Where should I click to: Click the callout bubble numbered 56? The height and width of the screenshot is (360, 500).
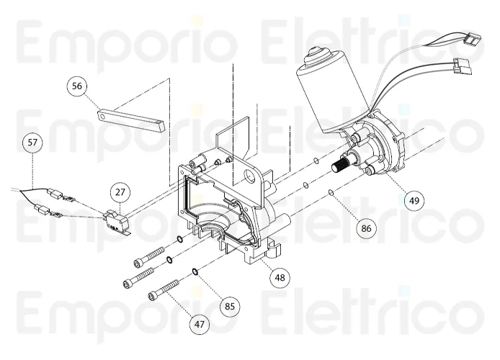tap(77, 86)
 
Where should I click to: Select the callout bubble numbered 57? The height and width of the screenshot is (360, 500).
tap(32, 143)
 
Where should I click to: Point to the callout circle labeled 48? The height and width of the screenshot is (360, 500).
tap(280, 276)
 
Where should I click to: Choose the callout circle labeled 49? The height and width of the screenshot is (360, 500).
tap(413, 200)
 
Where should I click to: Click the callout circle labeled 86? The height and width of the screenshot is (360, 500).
tap(365, 229)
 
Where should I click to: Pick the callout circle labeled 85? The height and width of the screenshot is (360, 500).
tap(229, 306)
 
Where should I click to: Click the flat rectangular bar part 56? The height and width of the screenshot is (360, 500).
tap(132, 120)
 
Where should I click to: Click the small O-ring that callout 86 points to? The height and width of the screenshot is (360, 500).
tap(330, 192)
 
